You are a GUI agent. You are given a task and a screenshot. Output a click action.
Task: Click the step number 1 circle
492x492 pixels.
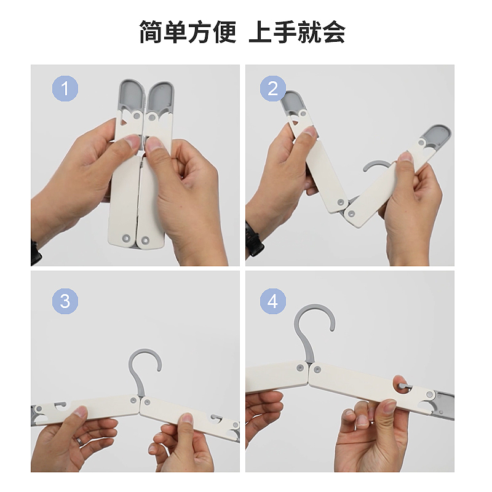pyautogui.click(x=65, y=88)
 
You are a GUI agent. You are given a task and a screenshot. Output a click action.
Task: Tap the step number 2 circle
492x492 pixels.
pyautogui.click(x=272, y=88)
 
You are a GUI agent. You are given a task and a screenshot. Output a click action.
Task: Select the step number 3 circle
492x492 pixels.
pyautogui.click(x=65, y=301)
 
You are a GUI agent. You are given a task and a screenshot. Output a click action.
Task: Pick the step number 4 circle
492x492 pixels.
pyautogui.click(x=272, y=301)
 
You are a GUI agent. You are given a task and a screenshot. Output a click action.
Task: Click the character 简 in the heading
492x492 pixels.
pyautogui.click(x=151, y=32)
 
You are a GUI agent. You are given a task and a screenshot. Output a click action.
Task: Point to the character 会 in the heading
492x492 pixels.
pyautogui.click(x=334, y=32)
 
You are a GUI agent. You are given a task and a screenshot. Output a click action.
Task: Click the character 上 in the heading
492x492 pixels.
pyautogui.click(x=260, y=32)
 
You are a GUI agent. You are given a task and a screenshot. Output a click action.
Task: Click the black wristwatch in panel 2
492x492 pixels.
pyautogui.click(x=253, y=239)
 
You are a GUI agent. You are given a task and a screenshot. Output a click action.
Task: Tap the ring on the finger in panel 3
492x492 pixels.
pyautogui.click(x=81, y=442)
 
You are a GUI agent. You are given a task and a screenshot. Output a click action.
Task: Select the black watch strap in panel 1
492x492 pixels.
pyautogui.click(x=36, y=253)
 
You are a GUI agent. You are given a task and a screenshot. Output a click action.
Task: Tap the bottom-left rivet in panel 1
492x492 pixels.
pyautogui.click(x=127, y=238)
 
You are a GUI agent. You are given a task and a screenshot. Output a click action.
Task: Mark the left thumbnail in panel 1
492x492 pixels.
pyautogui.click(x=133, y=141)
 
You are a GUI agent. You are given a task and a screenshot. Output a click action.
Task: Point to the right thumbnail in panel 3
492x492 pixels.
pyautogui.click(x=188, y=419)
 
